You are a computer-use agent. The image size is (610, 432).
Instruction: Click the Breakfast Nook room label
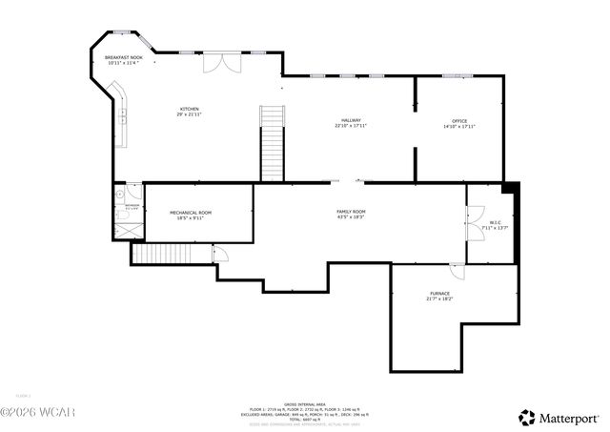pyautogui.click(x=124, y=58)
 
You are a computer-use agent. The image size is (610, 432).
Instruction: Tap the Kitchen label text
pyautogui.click(x=189, y=110)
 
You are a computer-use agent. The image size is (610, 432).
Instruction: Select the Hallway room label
pyautogui.click(x=351, y=120)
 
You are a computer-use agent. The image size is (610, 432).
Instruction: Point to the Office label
pyautogui.click(x=459, y=120)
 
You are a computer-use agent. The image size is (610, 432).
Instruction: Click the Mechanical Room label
pyautogui.click(x=191, y=212)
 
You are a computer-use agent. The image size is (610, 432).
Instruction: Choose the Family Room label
pyautogui.click(x=351, y=211)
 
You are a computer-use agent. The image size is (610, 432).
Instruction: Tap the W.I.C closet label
pyautogui.click(x=496, y=222)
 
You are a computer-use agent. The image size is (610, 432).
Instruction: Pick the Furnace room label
pyautogui.click(x=438, y=293)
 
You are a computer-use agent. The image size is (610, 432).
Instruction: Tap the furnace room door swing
pyautogui.click(x=459, y=272)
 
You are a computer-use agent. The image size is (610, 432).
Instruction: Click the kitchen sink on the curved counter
pyautogui.click(x=124, y=116)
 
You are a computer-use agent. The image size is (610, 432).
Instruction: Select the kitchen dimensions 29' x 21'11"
pyautogui.click(x=189, y=114)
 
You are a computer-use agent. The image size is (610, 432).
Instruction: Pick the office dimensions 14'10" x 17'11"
pyautogui.click(x=459, y=126)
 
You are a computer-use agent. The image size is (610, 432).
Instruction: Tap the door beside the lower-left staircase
pyautogui.click(x=219, y=253)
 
